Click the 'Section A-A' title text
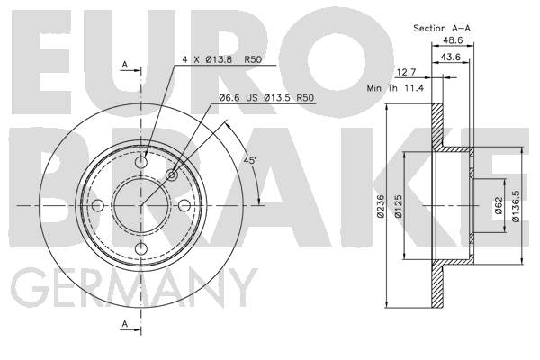tap(442, 28)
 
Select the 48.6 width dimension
tap(453, 40)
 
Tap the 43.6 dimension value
tap(451, 57)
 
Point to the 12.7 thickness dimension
tap(407, 72)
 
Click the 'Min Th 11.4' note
tap(395, 88)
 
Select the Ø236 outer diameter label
tap(380, 206)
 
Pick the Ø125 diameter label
tap(398, 206)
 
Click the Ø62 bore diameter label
tap(499, 206)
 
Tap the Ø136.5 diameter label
tap(515, 206)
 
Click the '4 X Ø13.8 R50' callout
tap(222, 59)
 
